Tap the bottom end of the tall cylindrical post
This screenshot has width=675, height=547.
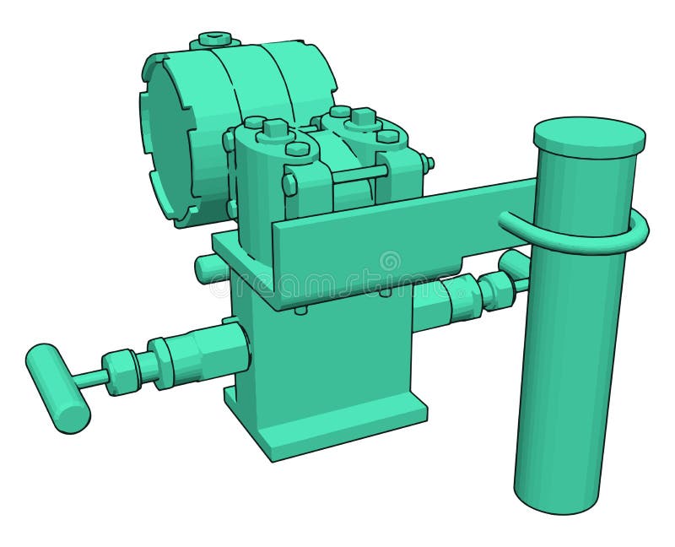click(557, 498)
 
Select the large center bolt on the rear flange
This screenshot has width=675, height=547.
click(363, 117)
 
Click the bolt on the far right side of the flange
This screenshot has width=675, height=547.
click(429, 162)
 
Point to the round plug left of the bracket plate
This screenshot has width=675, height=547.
click(205, 268)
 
